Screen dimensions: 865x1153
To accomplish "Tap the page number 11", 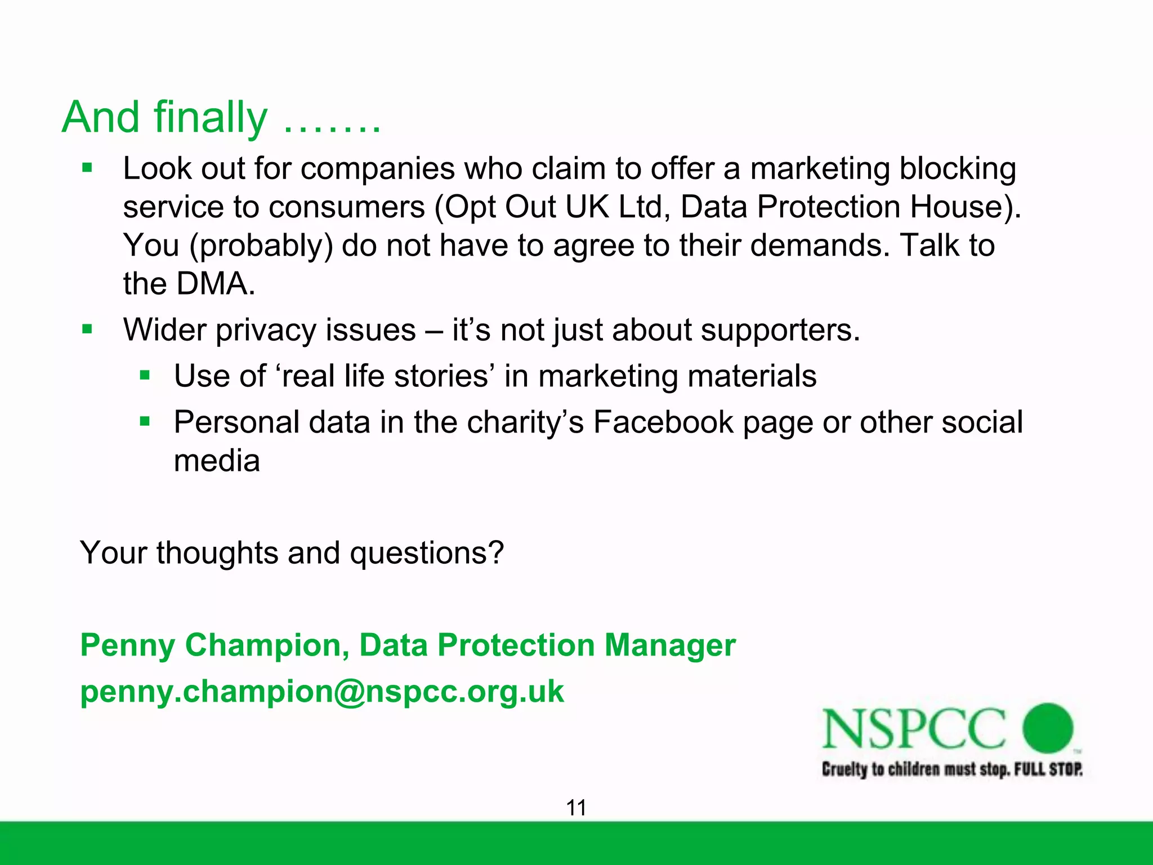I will [x=576, y=808].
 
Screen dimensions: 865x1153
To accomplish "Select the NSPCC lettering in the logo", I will [x=913, y=729].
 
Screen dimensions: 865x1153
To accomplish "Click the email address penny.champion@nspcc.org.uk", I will [x=321, y=691].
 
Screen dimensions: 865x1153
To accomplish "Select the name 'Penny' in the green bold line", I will [x=127, y=645].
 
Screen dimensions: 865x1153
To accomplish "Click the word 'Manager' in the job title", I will [x=669, y=645].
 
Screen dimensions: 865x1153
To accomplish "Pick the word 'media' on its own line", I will [x=217, y=461].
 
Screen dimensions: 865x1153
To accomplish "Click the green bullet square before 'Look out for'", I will [x=87, y=168].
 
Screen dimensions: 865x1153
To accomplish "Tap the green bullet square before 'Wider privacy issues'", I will [x=87, y=329].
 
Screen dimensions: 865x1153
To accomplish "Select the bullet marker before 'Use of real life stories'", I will [x=145, y=375].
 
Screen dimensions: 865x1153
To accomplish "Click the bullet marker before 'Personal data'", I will [x=145, y=421].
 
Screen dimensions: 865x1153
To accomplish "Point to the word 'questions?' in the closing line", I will [x=426, y=553].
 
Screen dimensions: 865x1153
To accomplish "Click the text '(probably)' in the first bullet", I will [x=261, y=246].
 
